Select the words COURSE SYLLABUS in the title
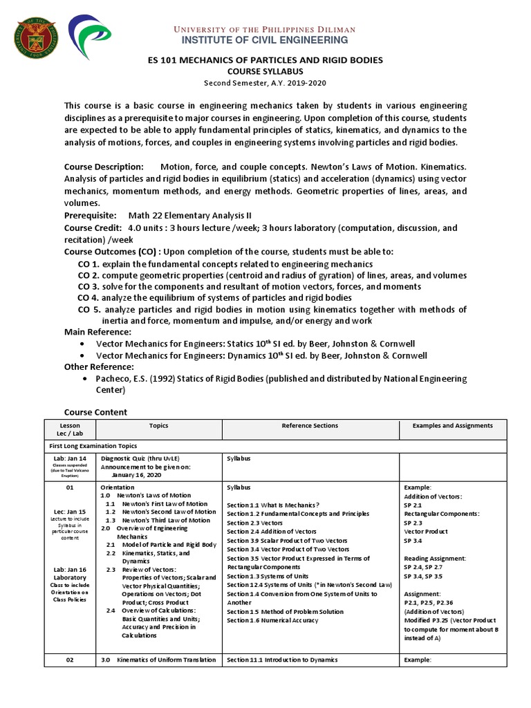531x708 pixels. click(x=265, y=71)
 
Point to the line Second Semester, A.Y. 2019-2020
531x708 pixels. click(x=265, y=83)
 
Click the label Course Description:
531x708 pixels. click(x=104, y=167)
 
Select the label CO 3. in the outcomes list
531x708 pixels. click(x=89, y=286)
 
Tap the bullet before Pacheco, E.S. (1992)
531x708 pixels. click(x=83, y=379)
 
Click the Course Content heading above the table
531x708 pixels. click(x=95, y=412)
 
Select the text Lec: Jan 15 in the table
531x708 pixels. click(x=70, y=512)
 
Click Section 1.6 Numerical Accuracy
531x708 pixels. click(x=272, y=620)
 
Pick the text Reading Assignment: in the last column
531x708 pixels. click(x=435, y=558)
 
